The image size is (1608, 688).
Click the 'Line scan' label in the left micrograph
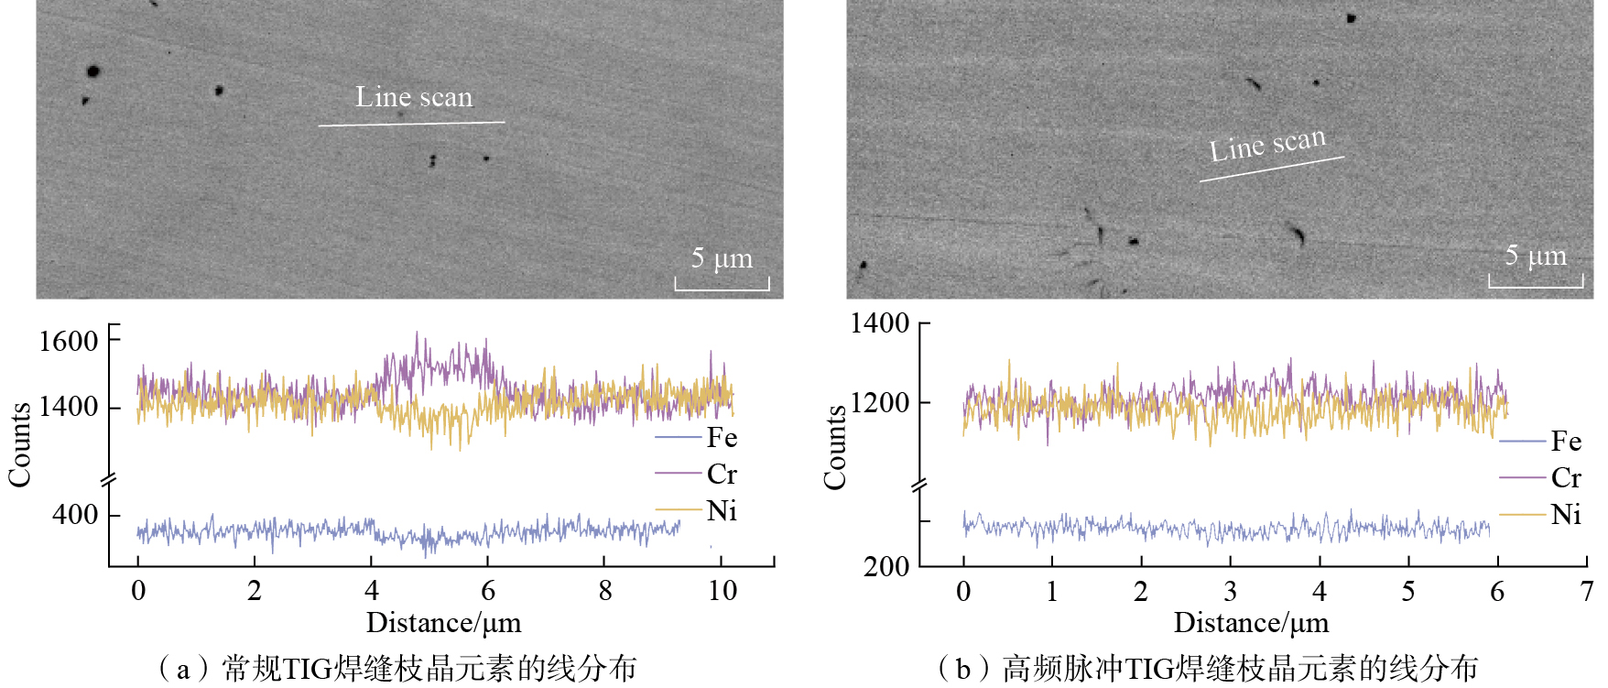point(414,97)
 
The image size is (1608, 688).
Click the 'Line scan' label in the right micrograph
point(1267,145)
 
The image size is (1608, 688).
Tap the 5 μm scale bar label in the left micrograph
point(722,258)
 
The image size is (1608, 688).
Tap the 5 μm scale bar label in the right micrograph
point(1536,256)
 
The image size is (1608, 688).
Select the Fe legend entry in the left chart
point(722,438)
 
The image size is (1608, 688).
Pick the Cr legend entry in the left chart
point(722,475)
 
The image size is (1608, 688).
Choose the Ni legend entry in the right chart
point(1566,515)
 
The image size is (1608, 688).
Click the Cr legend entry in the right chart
point(1566,478)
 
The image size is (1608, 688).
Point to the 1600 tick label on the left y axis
point(69,342)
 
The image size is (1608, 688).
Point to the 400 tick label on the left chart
point(75,515)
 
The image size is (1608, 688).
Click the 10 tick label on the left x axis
point(723,591)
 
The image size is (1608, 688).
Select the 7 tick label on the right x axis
point(1586,592)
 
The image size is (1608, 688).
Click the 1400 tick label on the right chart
point(880,323)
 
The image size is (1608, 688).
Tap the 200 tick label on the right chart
point(886,566)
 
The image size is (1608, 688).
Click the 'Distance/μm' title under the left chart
point(443,624)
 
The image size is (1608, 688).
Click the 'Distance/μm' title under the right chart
point(1251,624)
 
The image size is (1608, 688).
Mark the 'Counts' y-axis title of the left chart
point(20,444)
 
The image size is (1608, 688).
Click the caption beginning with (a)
point(397,669)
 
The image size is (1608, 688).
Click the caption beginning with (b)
point(1207,669)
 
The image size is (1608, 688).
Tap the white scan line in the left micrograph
point(411,123)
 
